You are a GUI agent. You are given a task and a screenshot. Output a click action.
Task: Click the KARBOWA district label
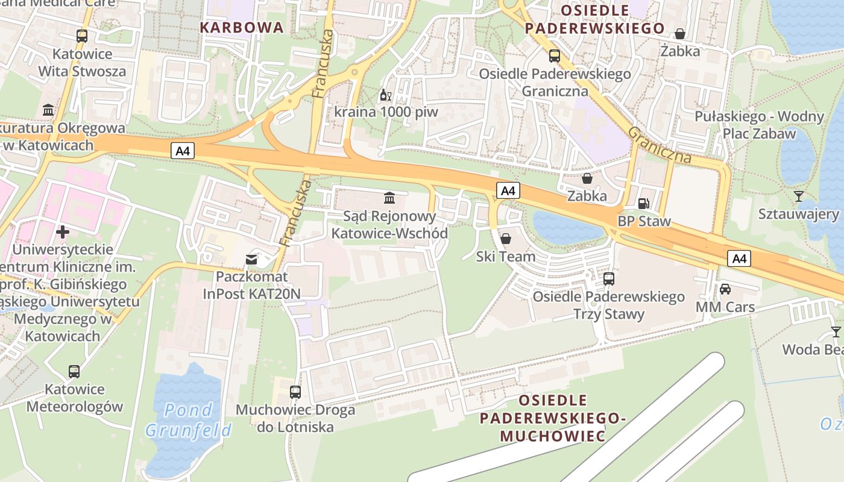[241, 27]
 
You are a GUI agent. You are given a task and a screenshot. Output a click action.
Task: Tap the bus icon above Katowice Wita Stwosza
[82, 36]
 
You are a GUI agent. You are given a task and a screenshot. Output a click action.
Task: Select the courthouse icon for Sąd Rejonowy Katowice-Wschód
[389, 198]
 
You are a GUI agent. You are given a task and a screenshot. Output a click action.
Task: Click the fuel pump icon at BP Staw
[643, 204]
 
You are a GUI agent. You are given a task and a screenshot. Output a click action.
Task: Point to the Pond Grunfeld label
[188, 420]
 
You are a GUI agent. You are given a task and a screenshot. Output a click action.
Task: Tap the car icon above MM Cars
[725, 289]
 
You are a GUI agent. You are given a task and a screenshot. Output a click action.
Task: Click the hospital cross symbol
[63, 231]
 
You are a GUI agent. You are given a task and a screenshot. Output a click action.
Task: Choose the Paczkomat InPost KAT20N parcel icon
[251, 260]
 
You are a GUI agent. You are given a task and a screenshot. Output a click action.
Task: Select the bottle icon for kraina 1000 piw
[386, 95]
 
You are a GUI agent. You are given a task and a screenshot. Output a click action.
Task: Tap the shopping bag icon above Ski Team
[506, 239]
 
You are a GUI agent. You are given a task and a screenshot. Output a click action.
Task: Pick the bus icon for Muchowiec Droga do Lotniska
[295, 392]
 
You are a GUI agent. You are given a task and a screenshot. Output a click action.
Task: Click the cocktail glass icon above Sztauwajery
[799, 196]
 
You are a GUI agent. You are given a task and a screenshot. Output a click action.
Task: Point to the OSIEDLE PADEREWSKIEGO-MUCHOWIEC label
[552, 418]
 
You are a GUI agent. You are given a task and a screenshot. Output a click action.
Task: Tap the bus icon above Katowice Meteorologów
[74, 372]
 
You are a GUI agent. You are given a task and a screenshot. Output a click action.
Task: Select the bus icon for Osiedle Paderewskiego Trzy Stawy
[609, 279]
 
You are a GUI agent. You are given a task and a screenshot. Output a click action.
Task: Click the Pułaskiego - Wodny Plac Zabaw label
[759, 125]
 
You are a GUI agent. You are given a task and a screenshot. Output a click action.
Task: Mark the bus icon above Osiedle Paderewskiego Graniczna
[555, 56]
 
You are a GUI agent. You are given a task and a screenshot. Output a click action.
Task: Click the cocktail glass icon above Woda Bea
[836, 332]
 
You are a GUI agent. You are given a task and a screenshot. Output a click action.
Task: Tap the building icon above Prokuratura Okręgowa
[48, 110]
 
